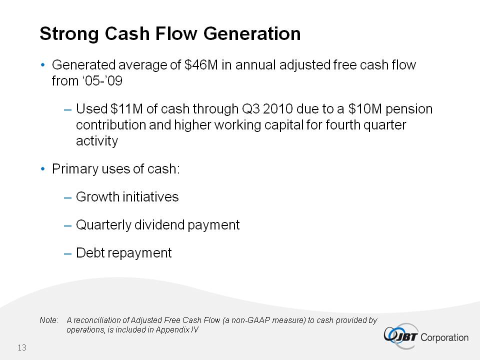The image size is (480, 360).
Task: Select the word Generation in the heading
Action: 252,33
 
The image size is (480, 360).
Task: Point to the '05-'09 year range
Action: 102,81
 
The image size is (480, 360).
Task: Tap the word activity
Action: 97,141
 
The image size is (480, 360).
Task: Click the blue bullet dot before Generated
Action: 43,65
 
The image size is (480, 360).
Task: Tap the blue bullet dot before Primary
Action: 43,169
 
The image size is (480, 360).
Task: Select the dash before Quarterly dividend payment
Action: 67,226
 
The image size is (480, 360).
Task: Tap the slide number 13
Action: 22,348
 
